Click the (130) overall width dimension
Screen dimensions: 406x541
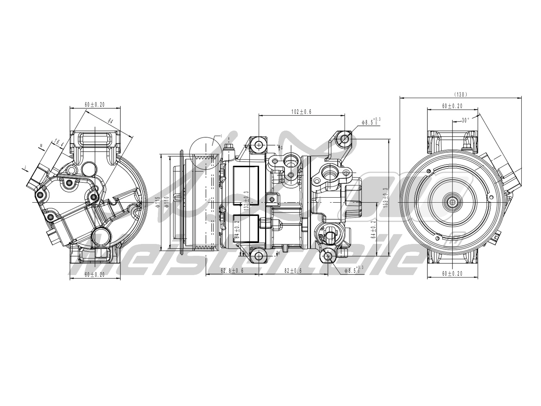click(x=460, y=94)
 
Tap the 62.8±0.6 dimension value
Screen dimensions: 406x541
click(x=232, y=271)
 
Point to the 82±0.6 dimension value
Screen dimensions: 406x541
click(x=293, y=271)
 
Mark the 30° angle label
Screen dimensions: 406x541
click(x=466, y=120)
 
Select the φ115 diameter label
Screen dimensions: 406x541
click(x=157, y=202)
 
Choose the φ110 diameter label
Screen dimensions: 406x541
click(x=166, y=202)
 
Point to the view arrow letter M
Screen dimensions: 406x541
click(x=41, y=146)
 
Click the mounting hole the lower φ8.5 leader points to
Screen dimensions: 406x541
click(x=327, y=256)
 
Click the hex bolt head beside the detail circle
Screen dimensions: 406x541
click(x=229, y=146)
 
